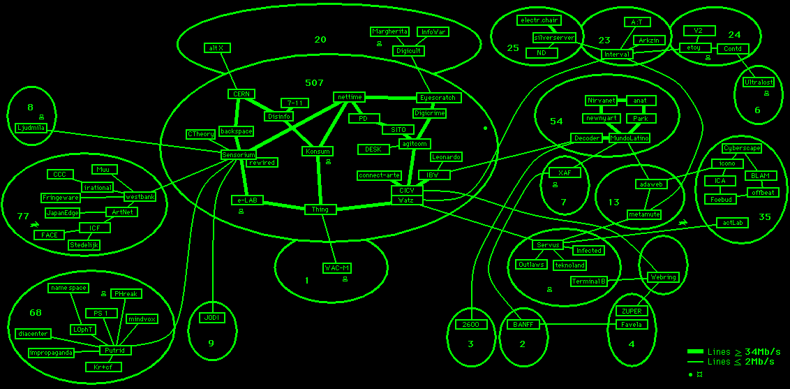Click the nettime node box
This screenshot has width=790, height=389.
point(350,97)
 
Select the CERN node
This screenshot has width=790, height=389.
point(241,94)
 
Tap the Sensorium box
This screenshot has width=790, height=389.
point(239,154)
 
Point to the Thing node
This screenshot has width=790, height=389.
point(320,210)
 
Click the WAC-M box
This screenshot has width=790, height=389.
point(336,268)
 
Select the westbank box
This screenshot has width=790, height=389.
point(140,197)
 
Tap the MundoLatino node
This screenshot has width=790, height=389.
point(629,138)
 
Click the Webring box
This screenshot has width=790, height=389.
point(662,277)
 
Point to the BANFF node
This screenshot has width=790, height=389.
point(523,325)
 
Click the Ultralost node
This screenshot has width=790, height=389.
point(758,82)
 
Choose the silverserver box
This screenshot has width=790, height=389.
point(554,38)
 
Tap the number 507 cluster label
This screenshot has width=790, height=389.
point(314,82)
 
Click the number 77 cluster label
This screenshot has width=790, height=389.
point(23,216)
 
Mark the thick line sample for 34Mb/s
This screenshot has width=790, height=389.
point(695,351)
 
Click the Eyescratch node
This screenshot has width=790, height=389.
point(437,98)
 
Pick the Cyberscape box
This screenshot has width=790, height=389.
point(741,148)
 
